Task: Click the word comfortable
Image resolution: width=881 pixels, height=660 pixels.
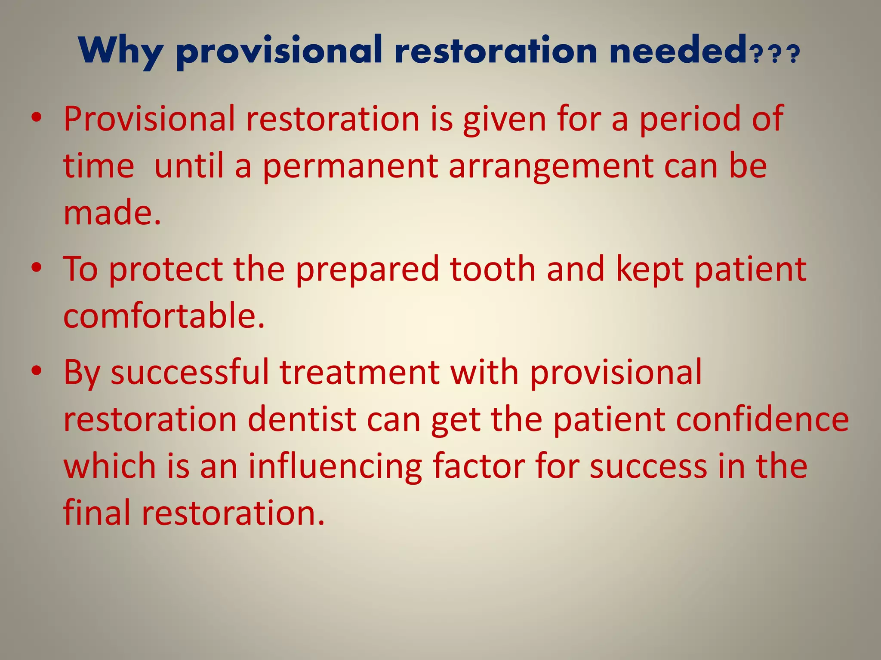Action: click(x=163, y=316)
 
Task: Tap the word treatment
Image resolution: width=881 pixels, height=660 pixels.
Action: click(x=360, y=372)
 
